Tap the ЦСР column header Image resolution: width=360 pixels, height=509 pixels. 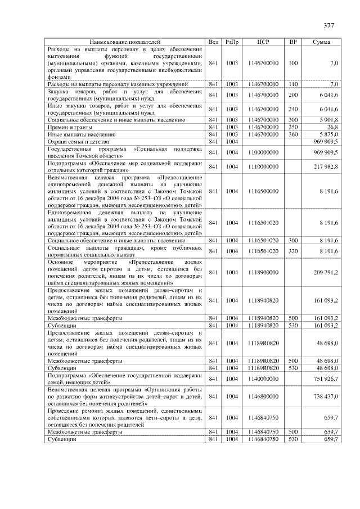[x=263, y=42]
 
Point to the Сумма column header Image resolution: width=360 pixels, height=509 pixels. [x=321, y=42]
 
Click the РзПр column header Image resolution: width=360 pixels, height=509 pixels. [x=232, y=42]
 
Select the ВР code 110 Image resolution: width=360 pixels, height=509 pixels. [x=292, y=84]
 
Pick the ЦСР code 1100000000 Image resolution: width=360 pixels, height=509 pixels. [x=263, y=152]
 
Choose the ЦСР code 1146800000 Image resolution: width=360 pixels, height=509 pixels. [x=263, y=397]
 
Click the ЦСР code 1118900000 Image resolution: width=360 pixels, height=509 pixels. [x=263, y=272]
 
